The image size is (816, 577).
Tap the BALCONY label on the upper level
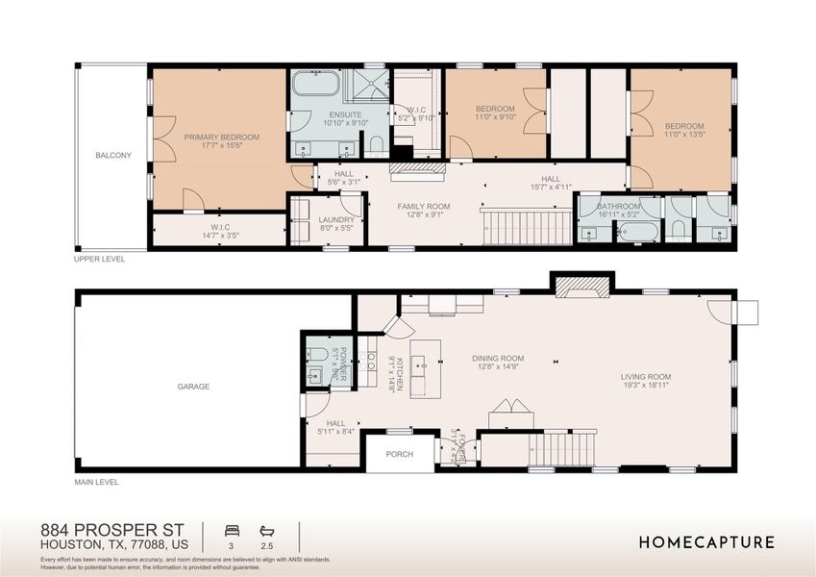pyautogui.click(x=112, y=155)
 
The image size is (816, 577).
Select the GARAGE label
pyautogui.click(x=193, y=387)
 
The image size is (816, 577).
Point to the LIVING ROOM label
pyautogui.click(x=645, y=377)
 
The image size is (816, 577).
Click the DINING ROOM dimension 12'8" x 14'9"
pyautogui.click(x=498, y=366)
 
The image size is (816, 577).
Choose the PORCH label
pyautogui.click(x=399, y=454)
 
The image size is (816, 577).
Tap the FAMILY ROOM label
pyautogui.click(x=424, y=207)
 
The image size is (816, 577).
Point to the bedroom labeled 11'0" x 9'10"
pyautogui.click(x=495, y=113)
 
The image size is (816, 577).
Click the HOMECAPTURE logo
pyautogui.click(x=706, y=542)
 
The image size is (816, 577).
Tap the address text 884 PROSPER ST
pyautogui.click(x=112, y=530)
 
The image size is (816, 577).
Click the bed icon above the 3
pyautogui.click(x=231, y=530)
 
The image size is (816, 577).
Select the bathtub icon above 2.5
pyautogui.click(x=266, y=530)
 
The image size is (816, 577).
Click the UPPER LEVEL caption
pyautogui.click(x=99, y=259)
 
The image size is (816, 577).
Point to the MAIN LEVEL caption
pyautogui.click(x=96, y=481)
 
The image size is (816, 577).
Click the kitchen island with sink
pyautogui.click(x=425, y=363)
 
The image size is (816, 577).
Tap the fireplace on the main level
pyautogui.click(x=580, y=286)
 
